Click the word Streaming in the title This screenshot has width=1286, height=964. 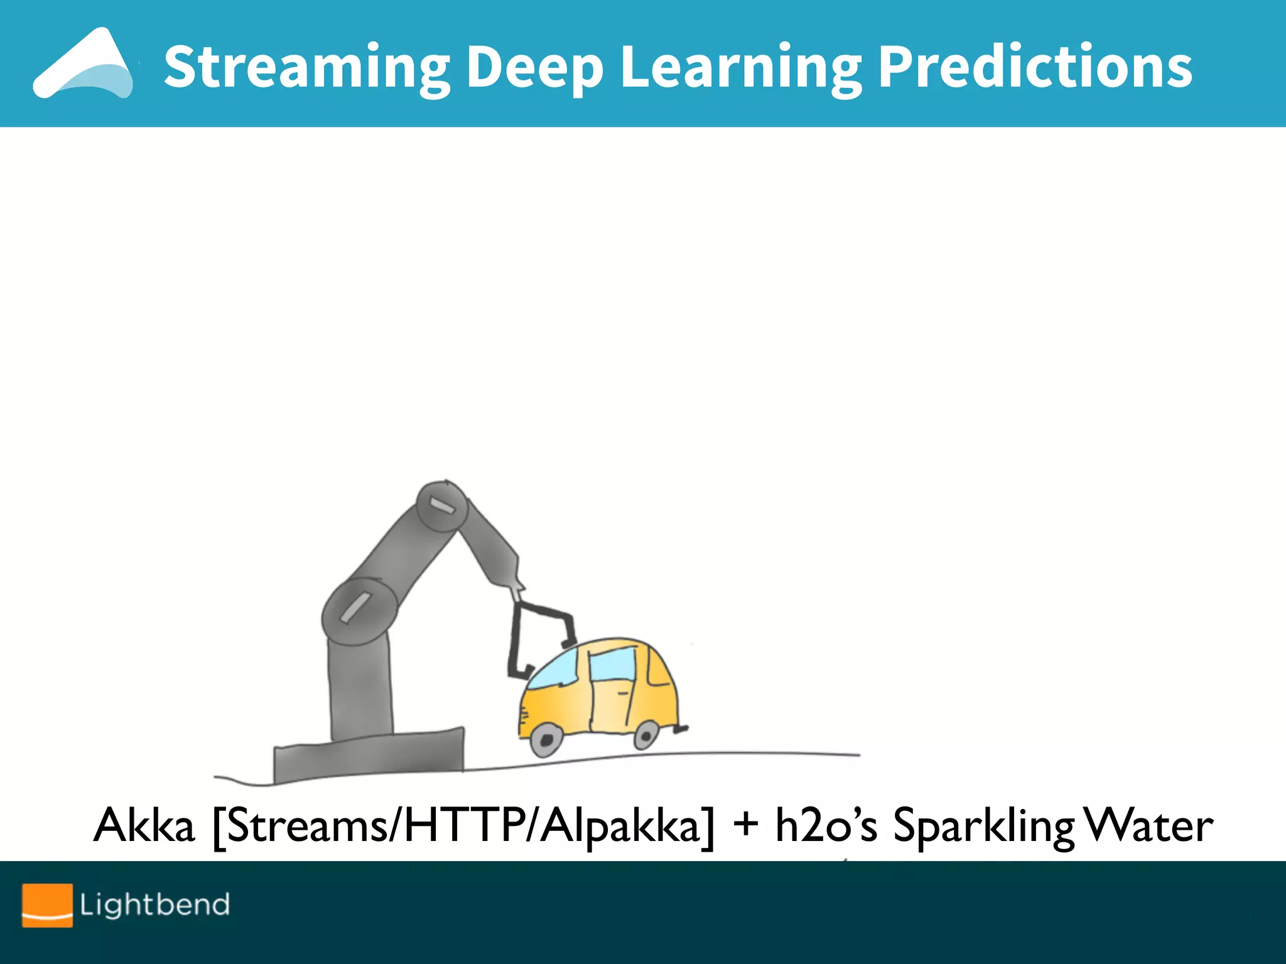pos(306,68)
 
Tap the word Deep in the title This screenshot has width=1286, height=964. pos(534,68)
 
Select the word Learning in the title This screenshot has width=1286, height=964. pos(741,68)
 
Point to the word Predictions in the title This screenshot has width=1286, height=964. pos(1035,67)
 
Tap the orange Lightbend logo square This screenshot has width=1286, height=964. pos(47,904)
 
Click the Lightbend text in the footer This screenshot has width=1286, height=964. pos(154,904)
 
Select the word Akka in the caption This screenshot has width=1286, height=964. pos(144,825)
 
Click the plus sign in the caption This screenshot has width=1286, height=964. pos(745,823)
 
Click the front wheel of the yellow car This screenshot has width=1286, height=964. pos(546,740)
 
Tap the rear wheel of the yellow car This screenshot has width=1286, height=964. pos(646,734)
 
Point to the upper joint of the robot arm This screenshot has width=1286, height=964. pos(442,507)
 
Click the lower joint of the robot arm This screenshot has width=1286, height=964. pos(359,611)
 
